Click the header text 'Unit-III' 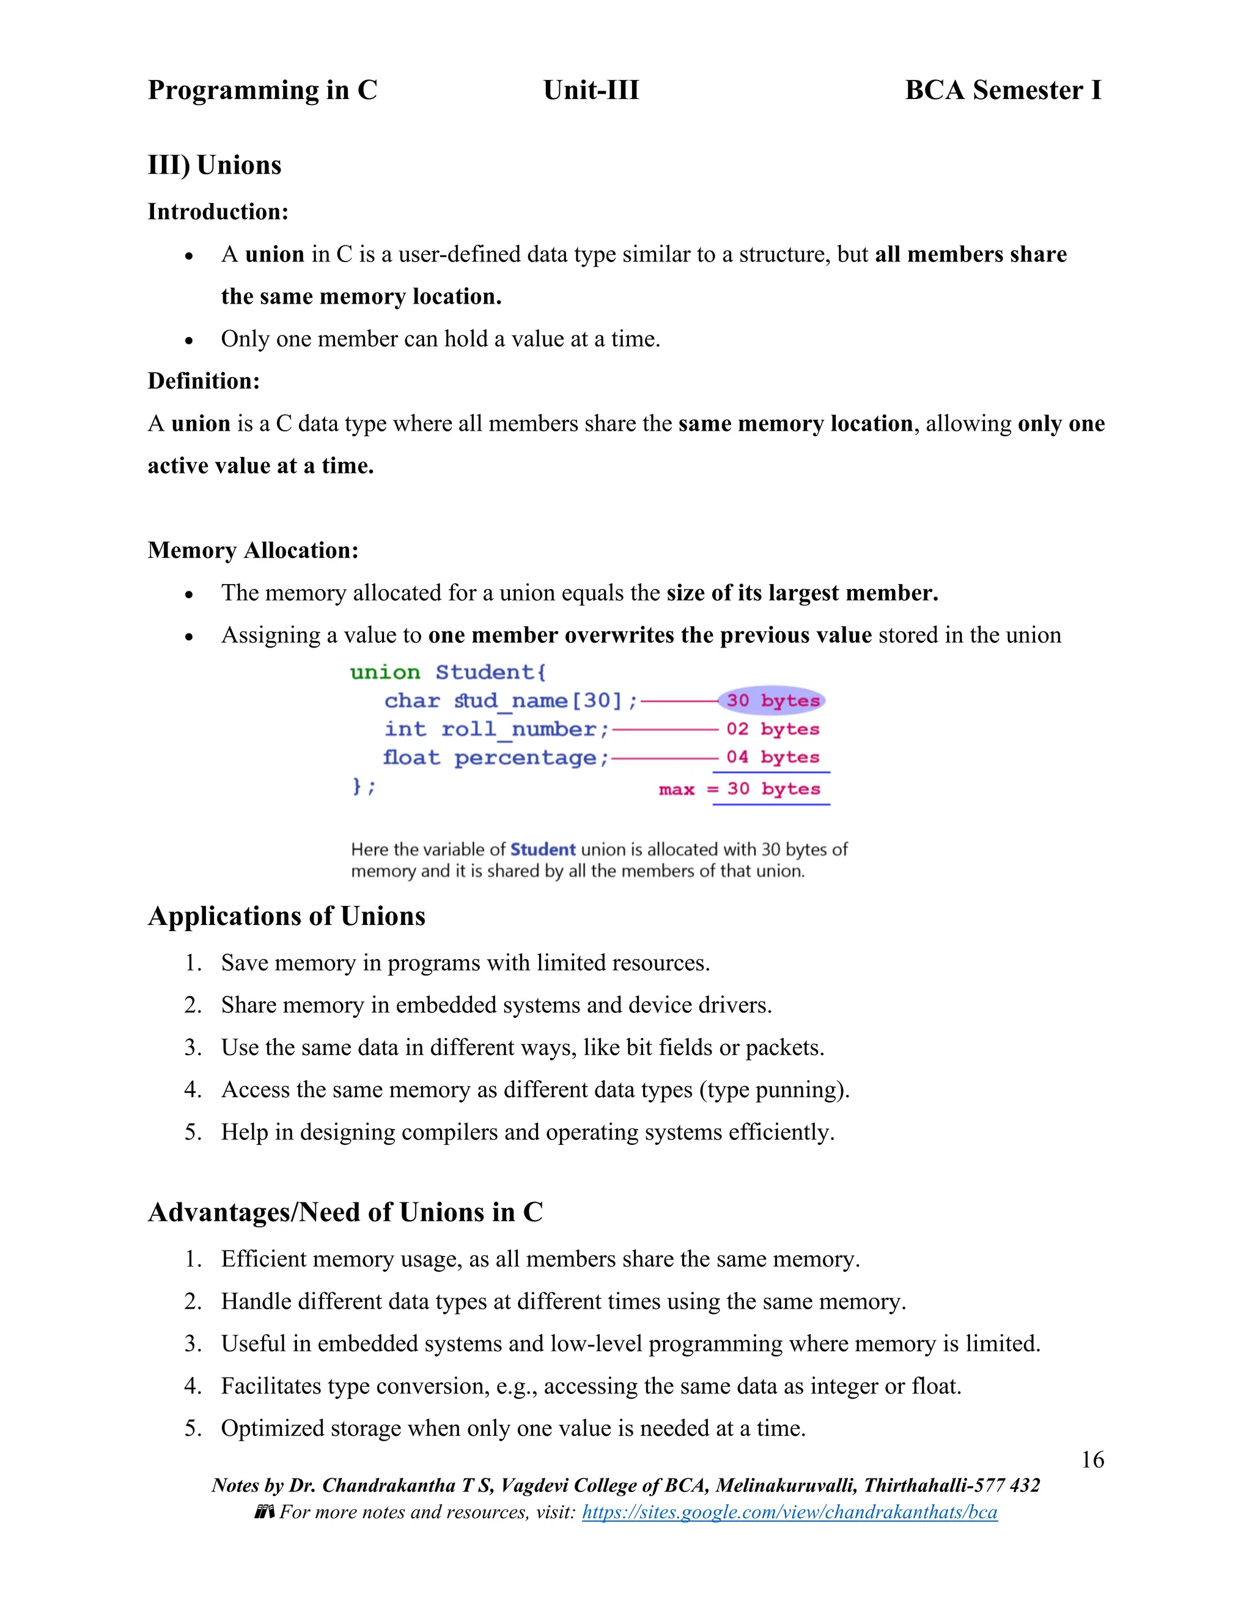(591, 90)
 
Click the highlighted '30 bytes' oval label (772, 701)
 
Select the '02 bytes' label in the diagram (772, 729)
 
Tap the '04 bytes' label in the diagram (772, 758)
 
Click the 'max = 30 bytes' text (740, 789)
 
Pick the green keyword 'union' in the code (385, 673)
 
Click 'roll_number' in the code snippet (518, 729)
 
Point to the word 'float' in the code (411, 758)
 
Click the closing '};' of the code (364, 786)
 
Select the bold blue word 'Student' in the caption (542, 850)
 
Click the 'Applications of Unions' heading (286, 916)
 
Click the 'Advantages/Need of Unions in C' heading (345, 1212)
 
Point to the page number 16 (1092, 1460)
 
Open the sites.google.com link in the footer (789, 1512)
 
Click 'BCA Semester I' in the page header (1003, 90)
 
